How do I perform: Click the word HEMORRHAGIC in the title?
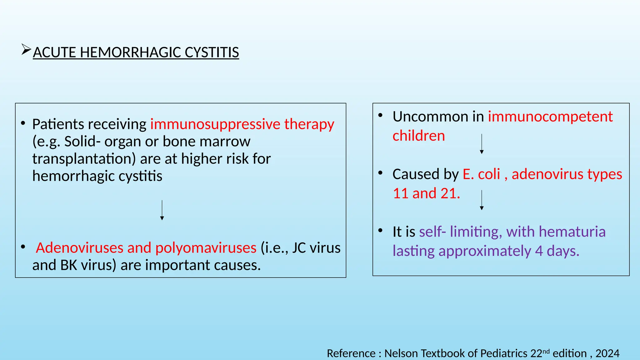(x=130, y=52)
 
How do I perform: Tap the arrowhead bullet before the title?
(x=26, y=50)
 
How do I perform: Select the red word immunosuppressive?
(x=215, y=124)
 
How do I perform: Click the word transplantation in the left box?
(x=84, y=159)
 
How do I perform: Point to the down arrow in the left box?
(x=162, y=210)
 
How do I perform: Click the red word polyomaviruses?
(x=206, y=248)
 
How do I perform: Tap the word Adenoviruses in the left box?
(x=79, y=248)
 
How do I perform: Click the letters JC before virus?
(x=299, y=248)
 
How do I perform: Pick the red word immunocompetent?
(x=550, y=117)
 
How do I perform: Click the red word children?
(x=418, y=136)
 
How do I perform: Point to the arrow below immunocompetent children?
(x=482, y=144)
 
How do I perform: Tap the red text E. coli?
(x=481, y=174)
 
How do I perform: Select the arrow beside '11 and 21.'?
(x=482, y=200)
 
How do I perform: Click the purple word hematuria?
(x=572, y=232)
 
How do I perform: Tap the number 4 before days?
(x=539, y=251)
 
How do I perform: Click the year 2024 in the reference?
(x=607, y=353)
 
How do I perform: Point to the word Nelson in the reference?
(x=401, y=353)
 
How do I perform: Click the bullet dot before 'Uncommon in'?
(x=380, y=116)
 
